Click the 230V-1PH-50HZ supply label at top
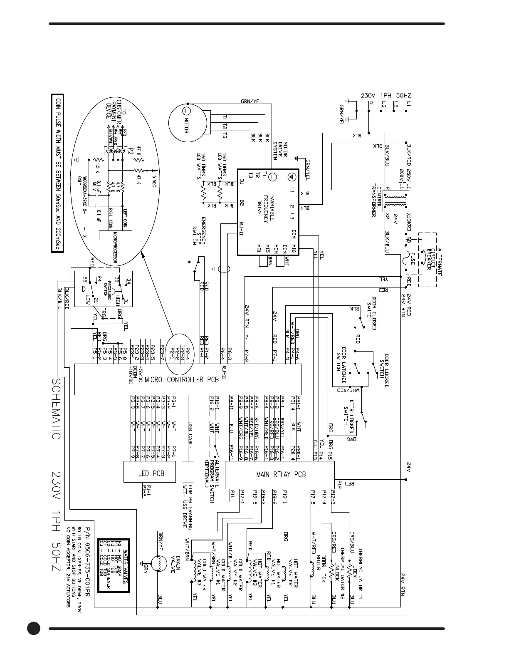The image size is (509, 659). click(x=385, y=95)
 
